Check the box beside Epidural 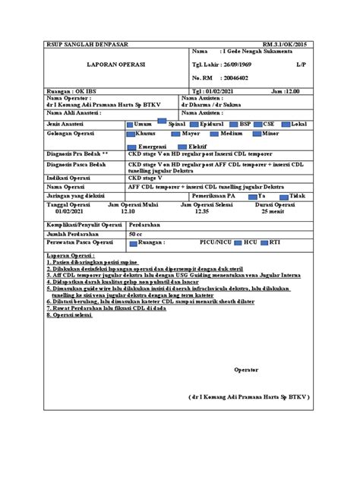tap(194, 122)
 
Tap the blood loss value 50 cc tap(136, 235)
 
